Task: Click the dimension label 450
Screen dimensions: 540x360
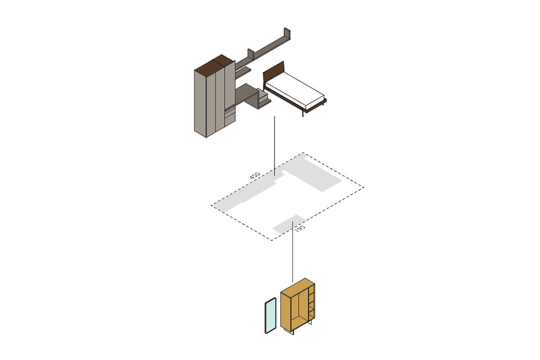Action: point(255,175)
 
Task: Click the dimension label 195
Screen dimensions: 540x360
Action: point(300,229)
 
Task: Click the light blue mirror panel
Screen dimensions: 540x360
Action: point(271,316)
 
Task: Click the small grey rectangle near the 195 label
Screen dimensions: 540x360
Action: point(289,223)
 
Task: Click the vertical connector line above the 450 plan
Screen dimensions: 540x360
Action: point(274,146)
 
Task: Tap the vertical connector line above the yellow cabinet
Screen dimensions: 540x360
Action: point(292,252)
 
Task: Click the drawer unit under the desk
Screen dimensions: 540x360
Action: point(263,99)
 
